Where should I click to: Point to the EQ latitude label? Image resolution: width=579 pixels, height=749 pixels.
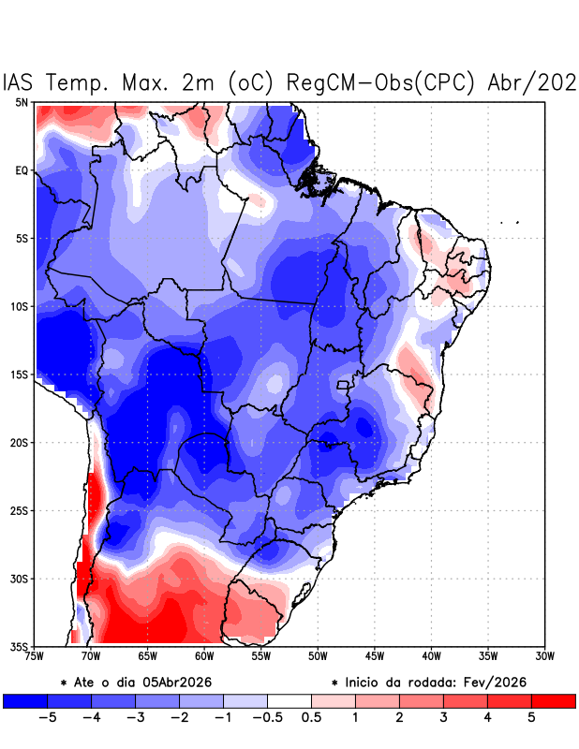pyautogui.click(x=22, y=170)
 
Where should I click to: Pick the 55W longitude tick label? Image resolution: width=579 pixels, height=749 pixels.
pyautogui.click(x=261, y=656)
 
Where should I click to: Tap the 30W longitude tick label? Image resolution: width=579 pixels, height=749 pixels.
pyautogui.click(x=545, y=656)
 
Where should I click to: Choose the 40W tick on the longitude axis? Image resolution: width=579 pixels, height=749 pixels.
pyautogui.click(x=432, y=656)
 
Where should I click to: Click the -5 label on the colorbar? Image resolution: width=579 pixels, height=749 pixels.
pyautogui.click(x=47, y=717)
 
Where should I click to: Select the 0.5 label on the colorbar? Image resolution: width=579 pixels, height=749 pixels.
pyautogui.click(x=311, y=717)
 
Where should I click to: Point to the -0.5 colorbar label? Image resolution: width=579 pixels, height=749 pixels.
pyautogui.click(x=267, y=717)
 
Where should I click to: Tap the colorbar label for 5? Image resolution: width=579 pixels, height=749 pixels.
pyautogui.click(x=531, y=717)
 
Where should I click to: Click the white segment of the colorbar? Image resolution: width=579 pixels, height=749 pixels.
pyautogui.click(x=289, y=700)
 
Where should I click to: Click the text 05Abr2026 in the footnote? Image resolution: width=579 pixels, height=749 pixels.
pyautogui.click(x=177, y=683)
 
